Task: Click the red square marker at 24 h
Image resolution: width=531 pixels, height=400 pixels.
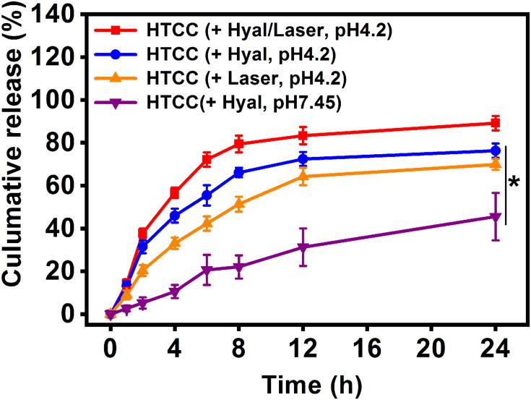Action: pos(495,123)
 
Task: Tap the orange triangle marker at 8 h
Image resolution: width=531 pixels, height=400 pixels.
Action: pos(239,204)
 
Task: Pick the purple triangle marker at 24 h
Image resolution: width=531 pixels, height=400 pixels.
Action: pos(495,217)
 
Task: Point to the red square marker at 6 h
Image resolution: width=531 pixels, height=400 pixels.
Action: pos(207,159)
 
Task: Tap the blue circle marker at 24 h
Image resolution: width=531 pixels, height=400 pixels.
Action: pos(495,150)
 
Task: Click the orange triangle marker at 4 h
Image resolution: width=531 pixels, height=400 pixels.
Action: pos(175,243)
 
